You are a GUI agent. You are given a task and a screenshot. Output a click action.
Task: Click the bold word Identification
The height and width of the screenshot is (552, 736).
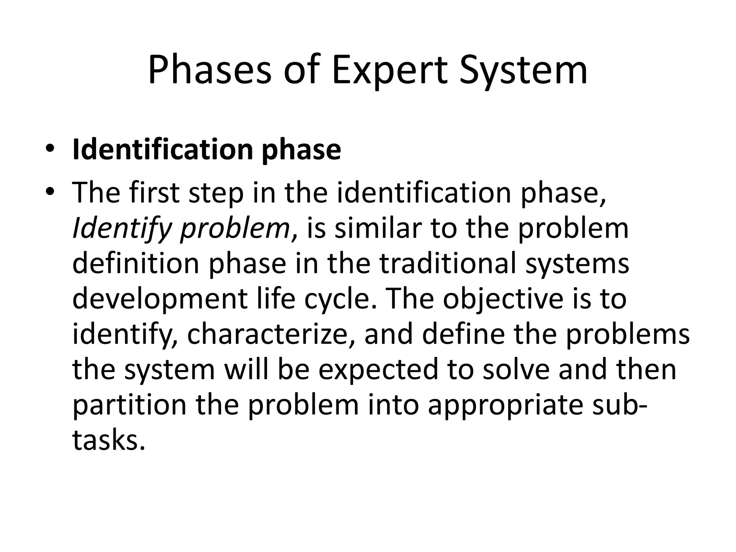tap(162, 149)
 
